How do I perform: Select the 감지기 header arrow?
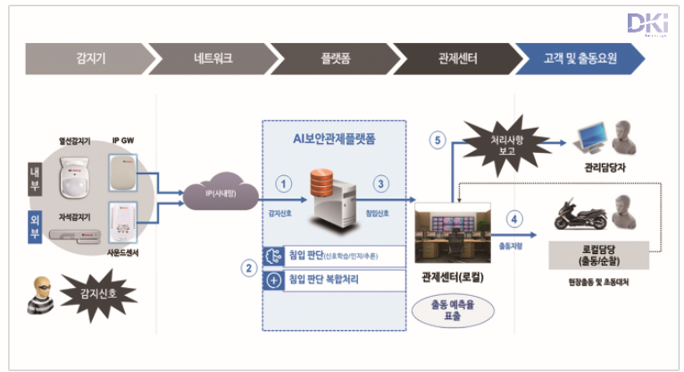click(85, 59)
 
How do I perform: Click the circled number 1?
click(285, 183)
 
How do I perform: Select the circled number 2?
click(249, 266)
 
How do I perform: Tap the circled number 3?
click(380, 183)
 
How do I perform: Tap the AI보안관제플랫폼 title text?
click(335, 138)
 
